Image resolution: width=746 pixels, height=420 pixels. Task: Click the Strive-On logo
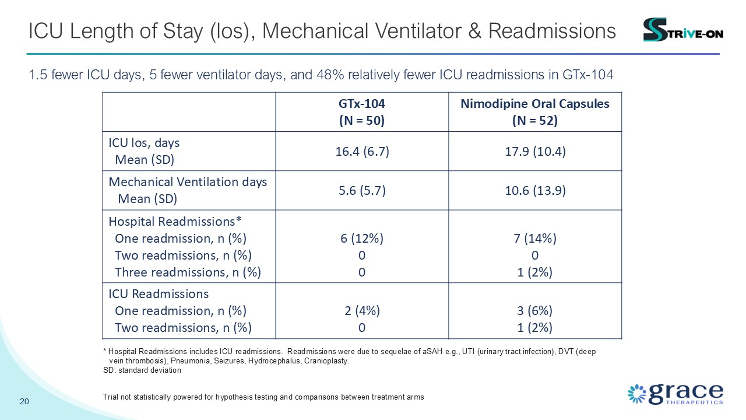click(x=682, y=30)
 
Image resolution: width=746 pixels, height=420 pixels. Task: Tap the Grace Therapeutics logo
click(x=675, y=394)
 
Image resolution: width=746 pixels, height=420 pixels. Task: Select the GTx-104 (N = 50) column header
click(x=362, y=112)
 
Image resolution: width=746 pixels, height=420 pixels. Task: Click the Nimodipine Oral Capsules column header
click(x=535, y=112)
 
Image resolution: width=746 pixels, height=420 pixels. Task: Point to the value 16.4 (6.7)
click(x=362, y=152)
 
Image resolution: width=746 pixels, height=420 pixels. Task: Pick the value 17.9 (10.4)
click(x=535, y=152)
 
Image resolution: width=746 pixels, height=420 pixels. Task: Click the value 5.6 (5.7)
click(x=362, y=191)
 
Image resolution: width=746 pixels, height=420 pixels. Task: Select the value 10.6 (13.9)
click(x=535, y=191)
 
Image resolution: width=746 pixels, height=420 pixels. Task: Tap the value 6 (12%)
click(x=362, y=239)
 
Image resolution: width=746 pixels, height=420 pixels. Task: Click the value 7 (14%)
click(x=535, y=239)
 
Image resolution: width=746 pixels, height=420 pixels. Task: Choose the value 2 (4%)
click(x=362, y=311)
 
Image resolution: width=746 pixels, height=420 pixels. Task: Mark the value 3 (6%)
click(x=535, y=311)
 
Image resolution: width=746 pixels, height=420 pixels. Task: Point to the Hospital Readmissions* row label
click(x=175, y=221)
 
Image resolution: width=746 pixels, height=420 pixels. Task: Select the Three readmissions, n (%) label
click(x=188, y=272)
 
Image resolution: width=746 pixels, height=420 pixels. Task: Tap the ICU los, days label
click(x=144, y=143)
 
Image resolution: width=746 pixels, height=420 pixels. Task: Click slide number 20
click(x=24, y=401)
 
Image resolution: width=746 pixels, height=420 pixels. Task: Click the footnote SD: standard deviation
click(x=142, y=370)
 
